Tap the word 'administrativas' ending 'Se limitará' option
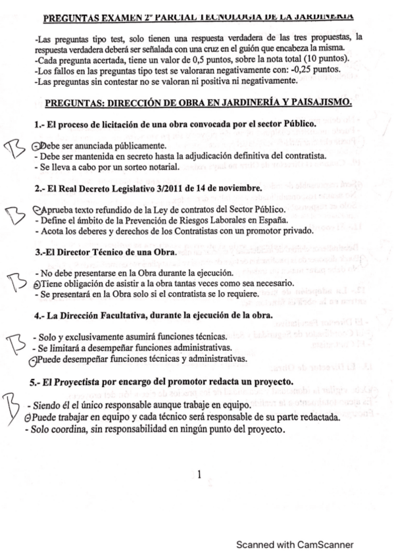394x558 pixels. coord(195,347)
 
